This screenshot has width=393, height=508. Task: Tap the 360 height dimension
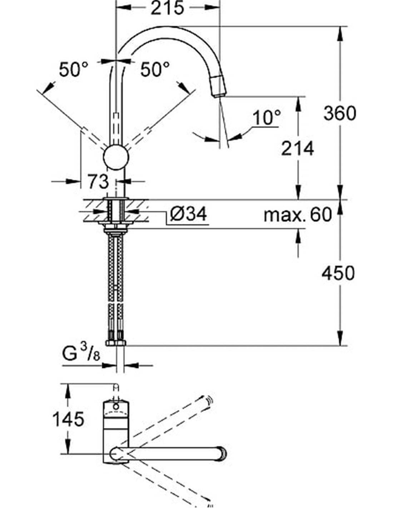339,113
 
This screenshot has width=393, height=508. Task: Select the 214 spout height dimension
297,148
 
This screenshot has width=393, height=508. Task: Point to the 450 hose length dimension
338,273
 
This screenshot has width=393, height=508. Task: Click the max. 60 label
298,215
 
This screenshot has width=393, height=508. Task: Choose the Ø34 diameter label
188,214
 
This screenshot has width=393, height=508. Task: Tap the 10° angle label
266,118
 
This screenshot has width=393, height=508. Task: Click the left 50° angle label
73,69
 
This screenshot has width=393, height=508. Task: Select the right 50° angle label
154,69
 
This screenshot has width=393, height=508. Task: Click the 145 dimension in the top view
68,419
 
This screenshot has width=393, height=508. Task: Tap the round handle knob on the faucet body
116,157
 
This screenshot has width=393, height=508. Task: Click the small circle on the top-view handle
115,406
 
